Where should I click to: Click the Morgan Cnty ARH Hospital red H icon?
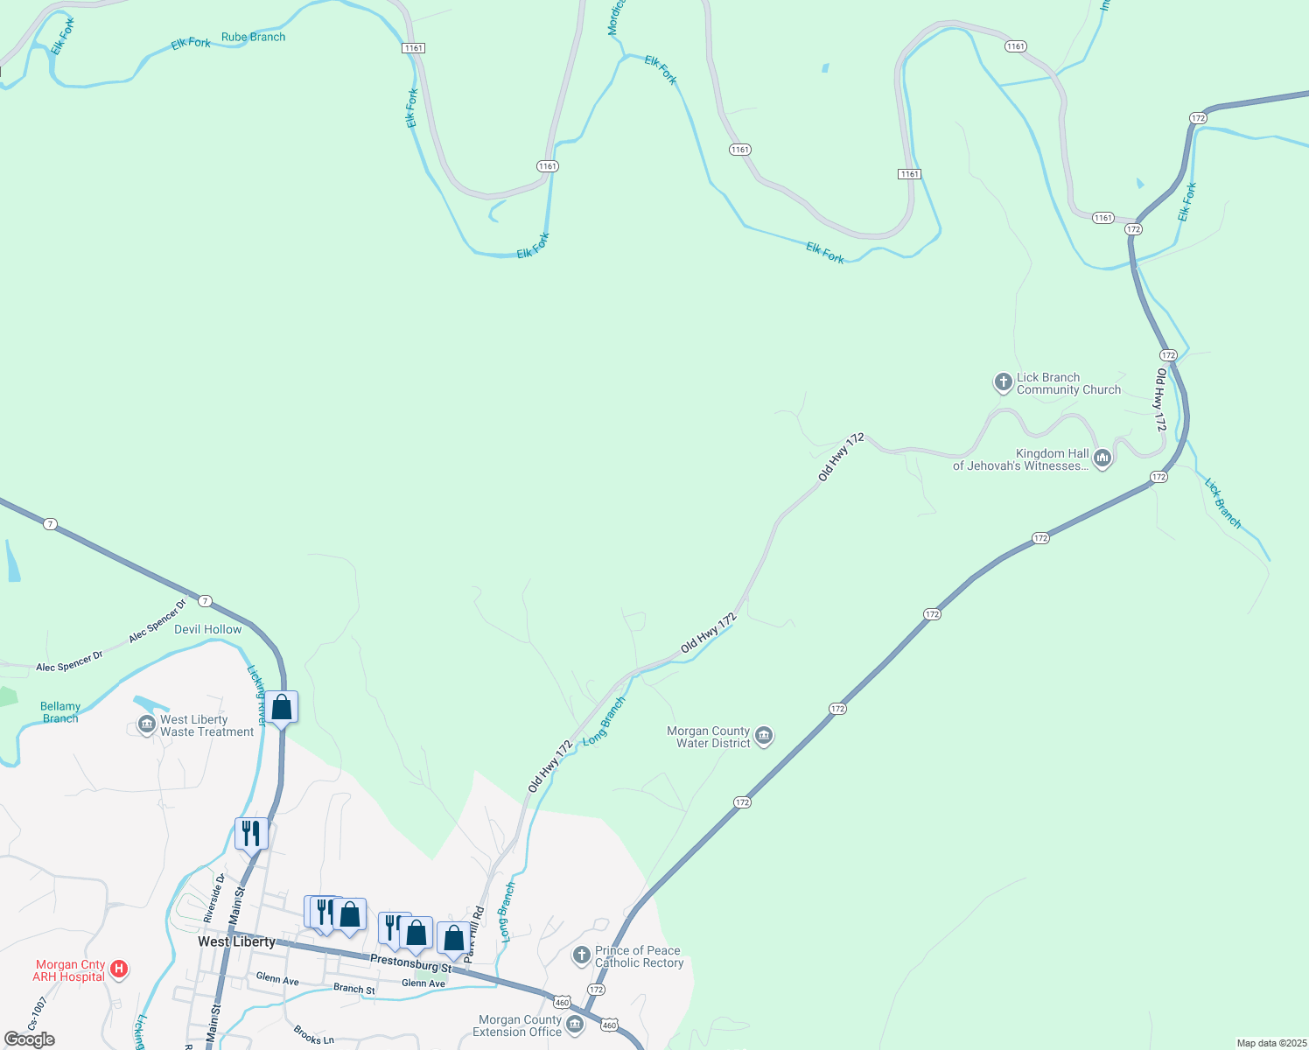[120, 969]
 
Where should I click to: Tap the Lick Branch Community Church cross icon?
[1003, 382]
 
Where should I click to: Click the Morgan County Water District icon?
[763, 736]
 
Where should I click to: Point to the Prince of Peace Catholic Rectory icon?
[582, 955]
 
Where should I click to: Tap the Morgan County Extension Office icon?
[575, 1024]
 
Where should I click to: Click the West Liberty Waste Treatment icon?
[147, 725]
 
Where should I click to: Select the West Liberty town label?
[236, 941]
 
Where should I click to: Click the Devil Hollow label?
[207, 629]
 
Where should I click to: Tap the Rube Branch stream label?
[253, 37]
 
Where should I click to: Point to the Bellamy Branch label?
[60, 712]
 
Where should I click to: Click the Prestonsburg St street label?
[410, 963]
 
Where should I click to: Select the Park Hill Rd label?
[474, 934]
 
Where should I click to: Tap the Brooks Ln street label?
[314, 1035]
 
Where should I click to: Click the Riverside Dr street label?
[214, 898]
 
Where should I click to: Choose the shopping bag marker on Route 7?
[282, 707]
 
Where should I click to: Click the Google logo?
[29, 1039]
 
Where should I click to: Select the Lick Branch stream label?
[1222, 502]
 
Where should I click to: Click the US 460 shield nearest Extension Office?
[610, 1025]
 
